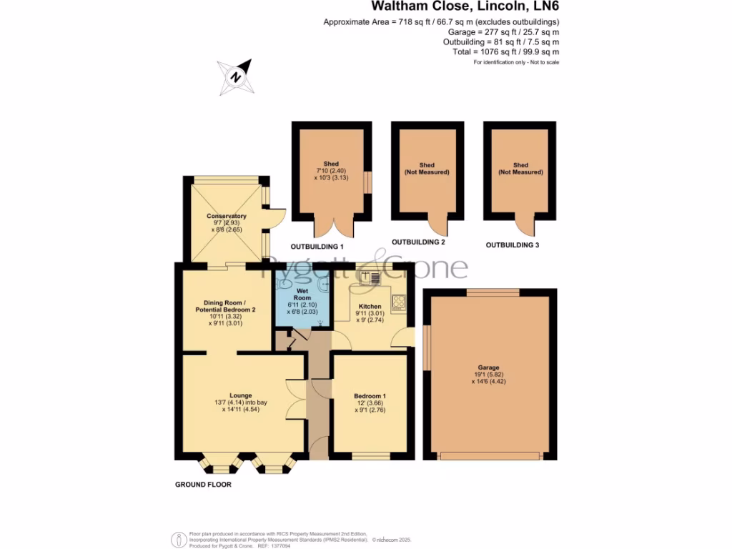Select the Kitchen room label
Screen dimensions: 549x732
(370, 306)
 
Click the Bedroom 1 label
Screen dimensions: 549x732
(370, 397)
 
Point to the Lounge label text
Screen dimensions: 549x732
(240, 395)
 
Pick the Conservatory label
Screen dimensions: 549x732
(226, 216)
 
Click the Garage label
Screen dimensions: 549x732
(489, 367)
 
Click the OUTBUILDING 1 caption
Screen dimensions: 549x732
(317, 246)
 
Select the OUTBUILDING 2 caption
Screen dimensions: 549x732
(418, 243)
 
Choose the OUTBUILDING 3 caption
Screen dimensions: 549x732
(513, 245)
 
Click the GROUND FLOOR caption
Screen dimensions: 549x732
(203, 485)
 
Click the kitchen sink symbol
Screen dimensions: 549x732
(373, 277)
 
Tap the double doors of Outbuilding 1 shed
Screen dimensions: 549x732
(333, 227)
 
